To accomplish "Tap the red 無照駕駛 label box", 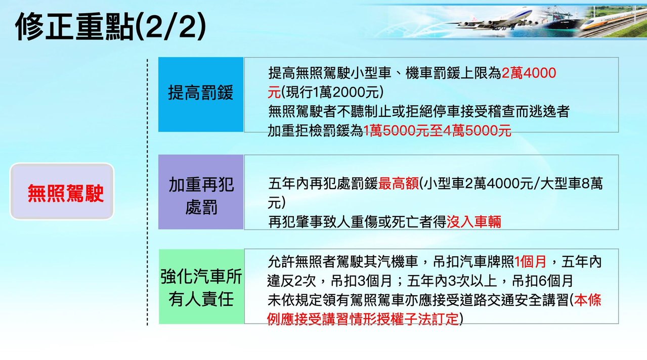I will pyautogui.click(x=62, y=192).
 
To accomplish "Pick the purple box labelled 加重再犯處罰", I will pyautogui.click(x=201, y=192).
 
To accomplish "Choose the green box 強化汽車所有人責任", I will pyautogui.click(x=201, y=287).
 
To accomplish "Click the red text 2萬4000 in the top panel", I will pyautogui.click(x=529, y=73).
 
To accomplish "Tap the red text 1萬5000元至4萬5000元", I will pyautogui.click(x=438, y=131).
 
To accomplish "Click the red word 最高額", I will pyautogui.click(x=399, y=184).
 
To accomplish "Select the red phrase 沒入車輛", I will pyautogui.click(x=474, y=221).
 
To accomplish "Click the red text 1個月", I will pyautogui.click(x=531, y=261).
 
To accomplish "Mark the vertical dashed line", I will pyautogui.click(x=147, y=192).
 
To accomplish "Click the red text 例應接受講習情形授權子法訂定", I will pyautogui.click(x=364, y=319).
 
